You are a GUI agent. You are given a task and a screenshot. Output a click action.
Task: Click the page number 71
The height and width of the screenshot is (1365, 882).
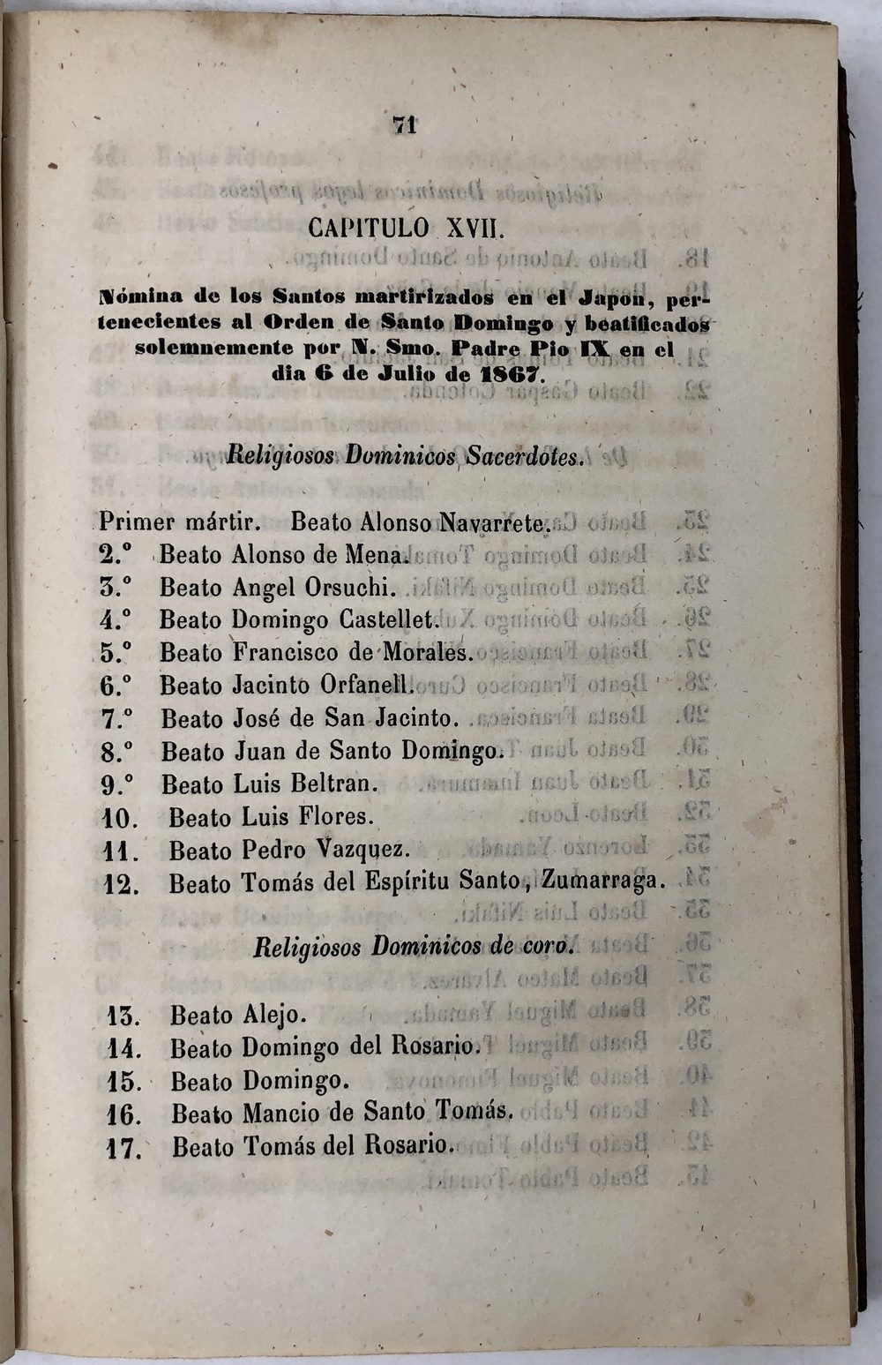[405, 125]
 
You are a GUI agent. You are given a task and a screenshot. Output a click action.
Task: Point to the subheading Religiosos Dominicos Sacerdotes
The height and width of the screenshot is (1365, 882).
[406, 456]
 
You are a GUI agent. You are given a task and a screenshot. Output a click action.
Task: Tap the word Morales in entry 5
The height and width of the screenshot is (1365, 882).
[428, 653]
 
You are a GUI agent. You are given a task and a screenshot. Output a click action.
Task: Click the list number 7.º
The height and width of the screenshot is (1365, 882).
[116, 719]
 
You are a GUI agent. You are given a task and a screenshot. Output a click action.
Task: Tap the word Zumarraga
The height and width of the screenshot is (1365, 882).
[602, 881]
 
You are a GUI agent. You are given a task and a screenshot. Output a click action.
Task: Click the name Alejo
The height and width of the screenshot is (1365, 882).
[273, 1016]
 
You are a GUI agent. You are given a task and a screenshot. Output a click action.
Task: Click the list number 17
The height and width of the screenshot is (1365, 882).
[123, 1149]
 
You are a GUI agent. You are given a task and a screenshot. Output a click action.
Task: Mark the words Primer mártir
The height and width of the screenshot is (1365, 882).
[180, 522]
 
